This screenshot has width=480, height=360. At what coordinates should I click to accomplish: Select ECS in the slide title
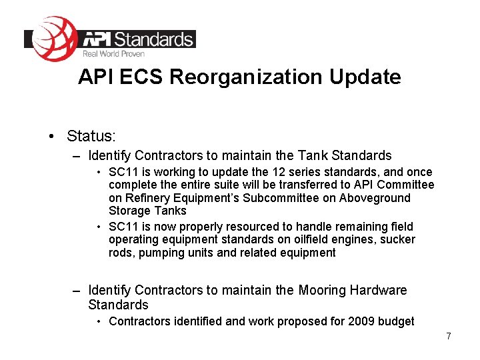143,77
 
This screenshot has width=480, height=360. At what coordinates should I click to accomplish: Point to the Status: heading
91,136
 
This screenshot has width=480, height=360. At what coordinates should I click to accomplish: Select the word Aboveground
375,198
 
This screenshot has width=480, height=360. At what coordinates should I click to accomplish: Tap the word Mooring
322,290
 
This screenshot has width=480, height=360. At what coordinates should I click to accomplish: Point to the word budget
397,321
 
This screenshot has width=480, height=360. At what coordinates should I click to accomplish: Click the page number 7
449,337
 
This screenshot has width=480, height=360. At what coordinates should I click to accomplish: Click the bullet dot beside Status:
51,137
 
